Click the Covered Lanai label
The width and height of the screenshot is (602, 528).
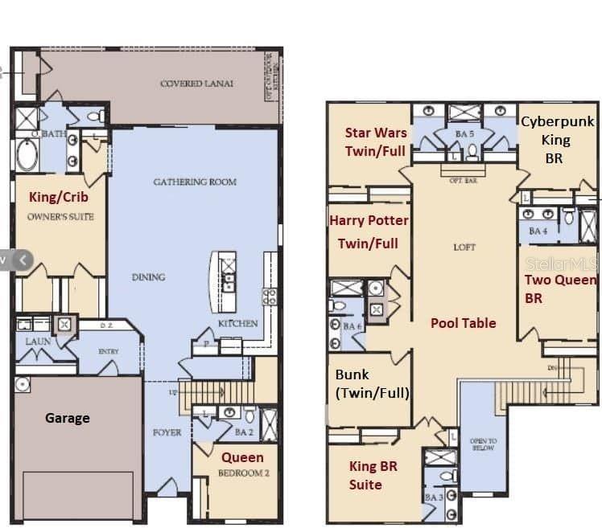click(186, 84)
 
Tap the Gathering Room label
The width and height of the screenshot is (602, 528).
click(195, 182)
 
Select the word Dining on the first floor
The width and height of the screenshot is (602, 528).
click(148, 277)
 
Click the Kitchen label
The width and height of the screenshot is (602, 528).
click(238, 323)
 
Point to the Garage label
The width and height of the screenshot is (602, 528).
click(67, 418)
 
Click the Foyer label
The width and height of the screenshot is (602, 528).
click(167, 432)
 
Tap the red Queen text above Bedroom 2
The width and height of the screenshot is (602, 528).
click(242, 457)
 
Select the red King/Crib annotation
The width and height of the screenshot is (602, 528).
click(59, 197)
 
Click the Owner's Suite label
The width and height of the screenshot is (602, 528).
click(60, 216)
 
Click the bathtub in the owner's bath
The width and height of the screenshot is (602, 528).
click(27, 155)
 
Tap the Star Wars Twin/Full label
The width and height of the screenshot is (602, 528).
click(376, 141)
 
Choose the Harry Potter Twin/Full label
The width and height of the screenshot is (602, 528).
click(369, 231)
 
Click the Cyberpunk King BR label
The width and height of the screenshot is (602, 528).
click(556, 140)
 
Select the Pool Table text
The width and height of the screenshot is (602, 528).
click(463, 323)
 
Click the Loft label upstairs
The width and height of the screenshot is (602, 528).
click(464, 248)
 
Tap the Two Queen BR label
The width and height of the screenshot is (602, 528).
click(560, 289)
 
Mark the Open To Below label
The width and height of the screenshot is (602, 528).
click(483, 444)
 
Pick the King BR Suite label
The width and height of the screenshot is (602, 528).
click(373, 475)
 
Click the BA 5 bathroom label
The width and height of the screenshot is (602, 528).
click(464, 134)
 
